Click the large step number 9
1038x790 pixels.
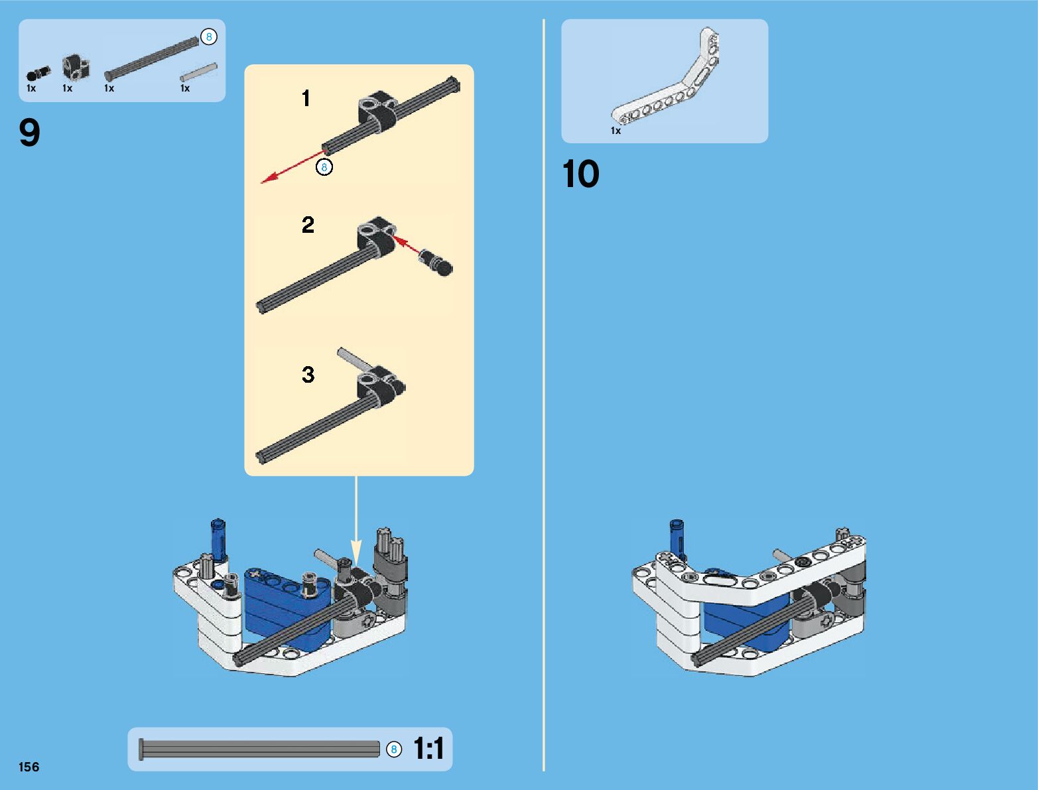pos(29,133)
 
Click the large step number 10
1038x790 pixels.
pos(581,174)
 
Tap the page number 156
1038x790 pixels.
pos(29,767)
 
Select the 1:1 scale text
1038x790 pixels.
pos(429,748)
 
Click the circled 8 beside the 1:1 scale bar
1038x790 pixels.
pos(394,750)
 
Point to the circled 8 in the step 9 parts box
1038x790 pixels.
pos(208,37)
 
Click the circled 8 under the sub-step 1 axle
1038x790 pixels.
pos(324,167)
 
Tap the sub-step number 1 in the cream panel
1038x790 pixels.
pos(306,98)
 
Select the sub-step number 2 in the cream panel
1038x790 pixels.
pos(308,225)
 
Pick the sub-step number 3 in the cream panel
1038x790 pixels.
pos(308,374)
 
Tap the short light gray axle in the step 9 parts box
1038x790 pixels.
pos(198,72)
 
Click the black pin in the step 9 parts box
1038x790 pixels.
pos(38,73)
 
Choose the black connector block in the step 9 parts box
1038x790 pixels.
pos(76,68)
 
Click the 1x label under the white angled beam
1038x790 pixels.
pos(616,131)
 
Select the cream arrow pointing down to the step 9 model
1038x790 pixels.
pos(356,520)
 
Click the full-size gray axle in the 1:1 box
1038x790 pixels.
pos(259,750)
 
